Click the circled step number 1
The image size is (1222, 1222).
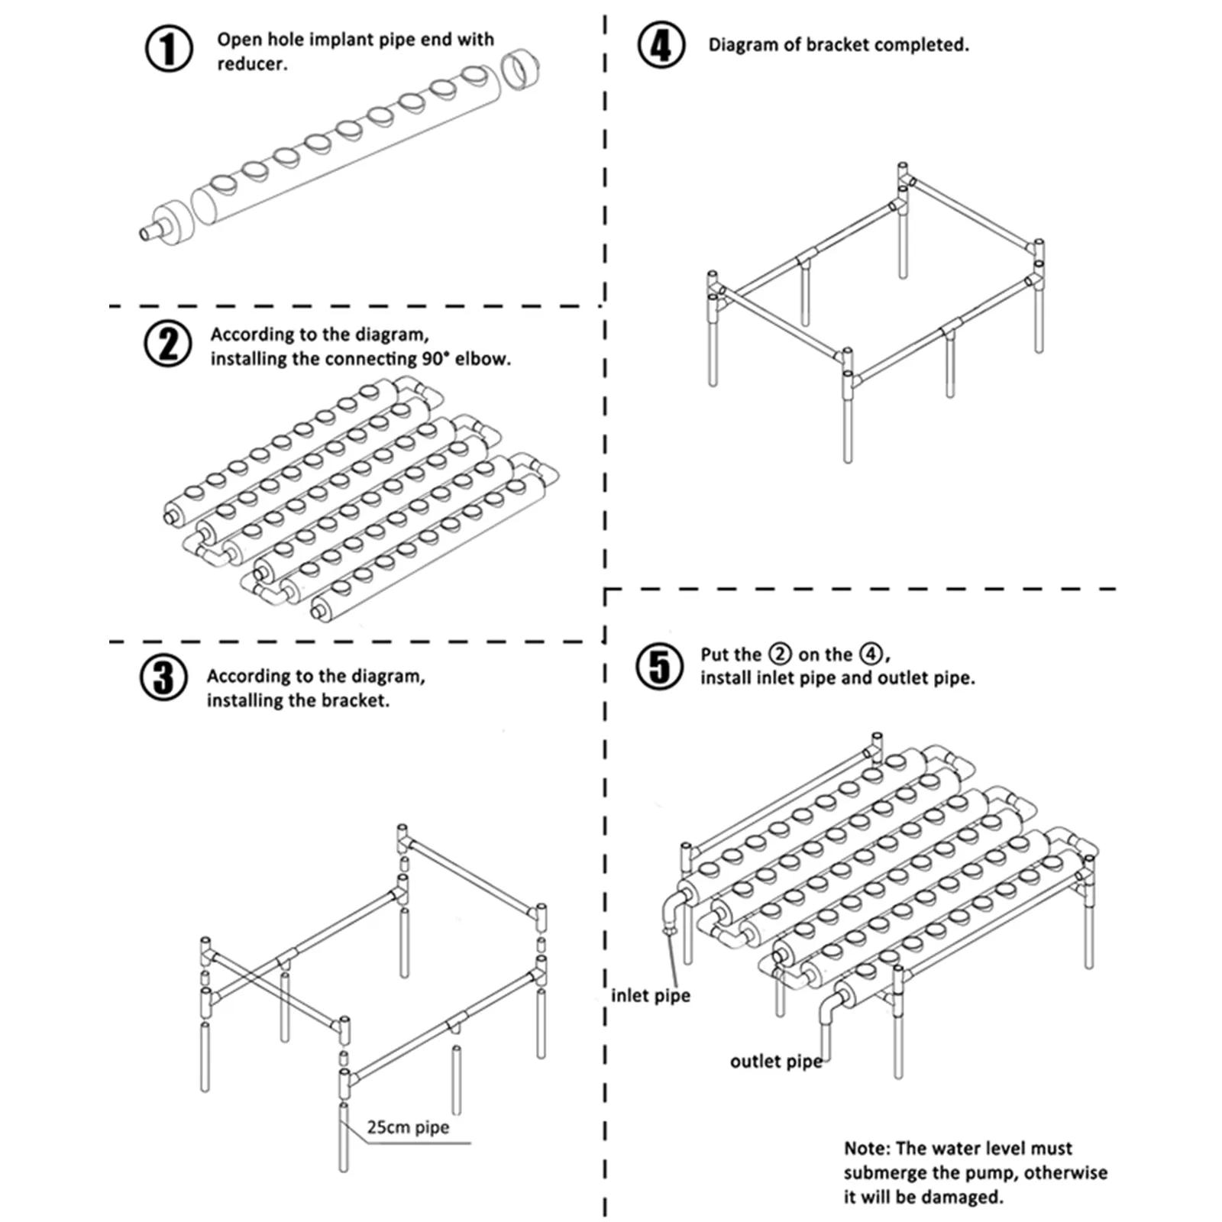[169, 50]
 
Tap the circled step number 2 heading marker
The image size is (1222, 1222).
[168, 344]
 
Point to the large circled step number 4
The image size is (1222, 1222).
[661, 44]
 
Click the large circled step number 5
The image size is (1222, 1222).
[660, 666]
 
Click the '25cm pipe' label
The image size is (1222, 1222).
[408, 1127]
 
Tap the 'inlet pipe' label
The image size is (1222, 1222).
[650, 995]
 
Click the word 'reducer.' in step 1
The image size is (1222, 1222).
[252, 64]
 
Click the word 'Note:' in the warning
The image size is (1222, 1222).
[867, 1148]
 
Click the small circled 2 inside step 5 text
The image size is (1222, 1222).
[780, 655]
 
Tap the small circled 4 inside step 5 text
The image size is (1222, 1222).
[871, 655]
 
